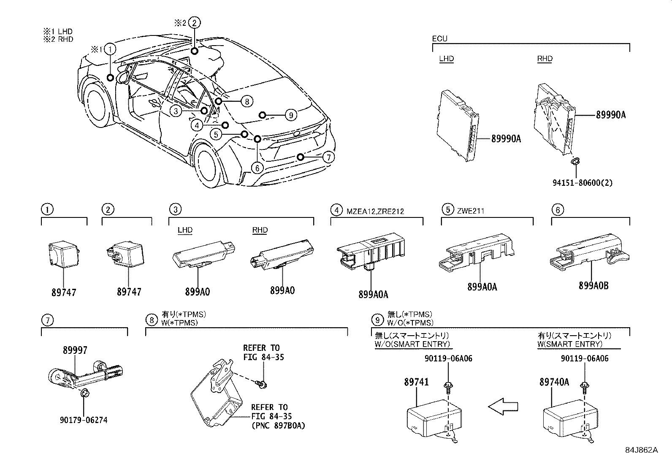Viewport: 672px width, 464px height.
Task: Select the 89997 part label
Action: (75, 350)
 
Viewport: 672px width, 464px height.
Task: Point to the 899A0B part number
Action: (593, 286)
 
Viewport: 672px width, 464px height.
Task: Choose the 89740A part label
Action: (554, 382)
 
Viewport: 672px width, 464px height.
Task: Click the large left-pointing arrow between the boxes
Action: (504, 407)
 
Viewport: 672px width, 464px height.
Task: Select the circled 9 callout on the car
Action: (290, 114)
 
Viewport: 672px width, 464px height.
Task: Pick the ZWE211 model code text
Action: (470, 211)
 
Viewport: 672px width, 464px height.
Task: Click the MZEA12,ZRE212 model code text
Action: (375, 211)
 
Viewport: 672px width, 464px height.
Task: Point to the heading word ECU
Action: (439, 39)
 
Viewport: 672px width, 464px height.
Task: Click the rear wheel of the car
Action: (208, 165)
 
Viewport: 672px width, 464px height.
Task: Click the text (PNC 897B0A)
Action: (278, 425)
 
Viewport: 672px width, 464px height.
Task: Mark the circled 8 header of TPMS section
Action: (151, 320)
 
